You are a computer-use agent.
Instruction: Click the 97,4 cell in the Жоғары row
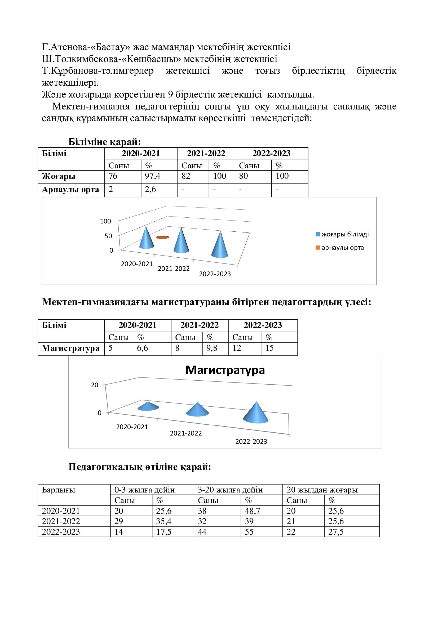coord(152,176)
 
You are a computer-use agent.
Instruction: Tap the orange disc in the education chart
coord(162,237)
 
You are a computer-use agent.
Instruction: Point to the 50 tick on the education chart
coord(108,236)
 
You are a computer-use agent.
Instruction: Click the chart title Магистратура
coord(225,370)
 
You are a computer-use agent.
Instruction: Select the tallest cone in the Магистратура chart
coord(256,413)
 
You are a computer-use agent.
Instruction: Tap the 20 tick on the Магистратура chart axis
coord(95,385)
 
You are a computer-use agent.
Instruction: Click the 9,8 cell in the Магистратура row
coord(212,348)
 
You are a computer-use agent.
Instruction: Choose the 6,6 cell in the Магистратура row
coord(142,348)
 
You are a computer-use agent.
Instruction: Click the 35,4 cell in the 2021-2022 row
coord(164,521)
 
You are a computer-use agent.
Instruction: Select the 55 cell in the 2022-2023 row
coord(249,532)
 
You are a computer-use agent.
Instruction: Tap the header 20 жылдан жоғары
coord(322,490)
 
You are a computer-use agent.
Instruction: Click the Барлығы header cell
coord(59,490)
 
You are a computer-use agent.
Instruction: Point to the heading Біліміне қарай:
coord(104,142)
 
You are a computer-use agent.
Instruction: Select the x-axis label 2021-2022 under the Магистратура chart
coord(186,433)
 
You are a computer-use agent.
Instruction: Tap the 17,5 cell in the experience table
coord(163,532)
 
